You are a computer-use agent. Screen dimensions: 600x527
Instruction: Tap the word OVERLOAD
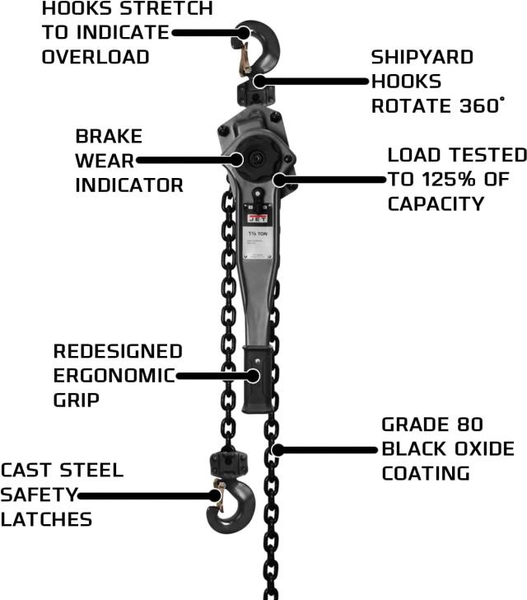(96, 57)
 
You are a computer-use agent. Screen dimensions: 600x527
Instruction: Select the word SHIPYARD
(422, 58)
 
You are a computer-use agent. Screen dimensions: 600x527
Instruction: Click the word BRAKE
(109, 136)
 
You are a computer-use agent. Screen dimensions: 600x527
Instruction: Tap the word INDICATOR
(129, 185)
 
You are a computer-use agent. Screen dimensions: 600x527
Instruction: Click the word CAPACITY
(436, 203)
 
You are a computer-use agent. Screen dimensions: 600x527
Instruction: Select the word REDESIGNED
(118, 351)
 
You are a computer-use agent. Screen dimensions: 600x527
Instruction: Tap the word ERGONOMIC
(114, 376)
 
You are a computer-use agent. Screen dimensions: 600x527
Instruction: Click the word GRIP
(77, 401)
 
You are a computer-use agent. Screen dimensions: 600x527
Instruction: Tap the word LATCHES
(46, 519)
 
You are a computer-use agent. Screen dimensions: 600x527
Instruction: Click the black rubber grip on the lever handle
(258, 379)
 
